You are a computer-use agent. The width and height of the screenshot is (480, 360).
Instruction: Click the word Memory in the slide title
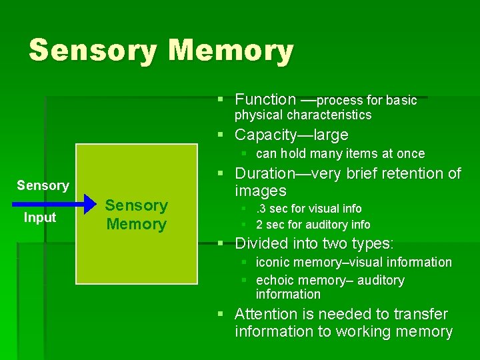(x=231, y=51)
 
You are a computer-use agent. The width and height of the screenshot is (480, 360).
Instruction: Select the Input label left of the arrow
(x=40, y=217)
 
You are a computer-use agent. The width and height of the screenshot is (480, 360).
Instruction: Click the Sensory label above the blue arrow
(x=43, y=185)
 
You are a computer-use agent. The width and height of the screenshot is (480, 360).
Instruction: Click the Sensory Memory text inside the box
(x=136, y=215)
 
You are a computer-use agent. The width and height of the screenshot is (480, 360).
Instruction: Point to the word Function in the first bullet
(x=265, y=100)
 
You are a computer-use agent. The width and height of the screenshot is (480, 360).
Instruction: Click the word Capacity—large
(x=291, y=135)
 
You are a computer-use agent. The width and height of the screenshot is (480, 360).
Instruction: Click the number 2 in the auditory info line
(x=260, y=225)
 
